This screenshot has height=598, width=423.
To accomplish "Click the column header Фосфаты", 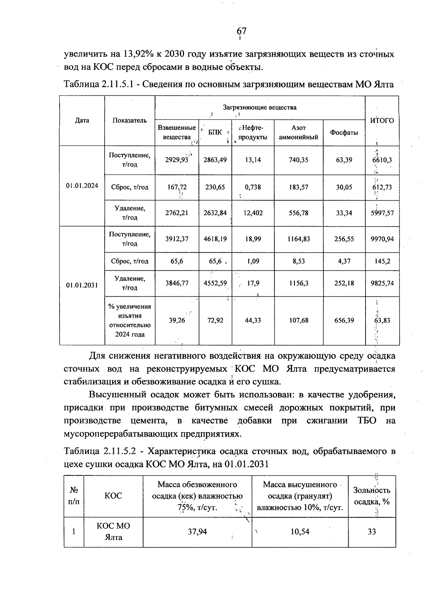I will (x=344, y=132).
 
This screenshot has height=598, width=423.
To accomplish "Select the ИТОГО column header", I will (x=382, y=121).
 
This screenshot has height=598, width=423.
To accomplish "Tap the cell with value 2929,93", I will (x=177, y=160).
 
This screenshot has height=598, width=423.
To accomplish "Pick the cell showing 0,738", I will (x=253, y=187).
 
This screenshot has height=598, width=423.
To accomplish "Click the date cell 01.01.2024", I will (x=82, y=186).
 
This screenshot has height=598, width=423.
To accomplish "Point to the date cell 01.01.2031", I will (x=82, y=285).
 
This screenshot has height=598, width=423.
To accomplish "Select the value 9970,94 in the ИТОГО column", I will (x=382, y=239).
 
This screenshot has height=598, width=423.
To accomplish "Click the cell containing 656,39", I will (x=344, y=320).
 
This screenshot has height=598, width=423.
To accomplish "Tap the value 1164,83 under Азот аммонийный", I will (x=299, y=239).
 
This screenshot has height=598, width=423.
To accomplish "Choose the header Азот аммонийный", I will (x=299, y=132).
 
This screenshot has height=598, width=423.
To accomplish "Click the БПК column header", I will (x=215, y=132).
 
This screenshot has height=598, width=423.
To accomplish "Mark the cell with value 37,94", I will (x=197, y=531).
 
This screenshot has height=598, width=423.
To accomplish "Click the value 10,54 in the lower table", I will (x=300, y=531).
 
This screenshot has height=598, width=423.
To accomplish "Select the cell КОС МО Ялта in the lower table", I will (x=114, y=531).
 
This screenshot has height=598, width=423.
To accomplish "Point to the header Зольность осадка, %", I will (x=372, y=496).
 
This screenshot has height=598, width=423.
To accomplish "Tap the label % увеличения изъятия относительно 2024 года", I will (x=130, y=320).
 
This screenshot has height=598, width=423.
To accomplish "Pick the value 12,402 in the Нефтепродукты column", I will (x=253, y=213).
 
